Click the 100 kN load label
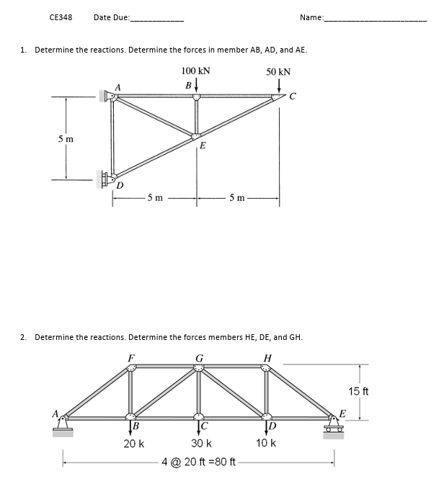195,71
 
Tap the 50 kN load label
278,71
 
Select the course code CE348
61,17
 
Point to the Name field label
311,17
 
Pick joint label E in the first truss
203,145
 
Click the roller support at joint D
108,177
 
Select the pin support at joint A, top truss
110,95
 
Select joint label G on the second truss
199,357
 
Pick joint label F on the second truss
130,357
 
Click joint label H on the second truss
267,357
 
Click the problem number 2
24,336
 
